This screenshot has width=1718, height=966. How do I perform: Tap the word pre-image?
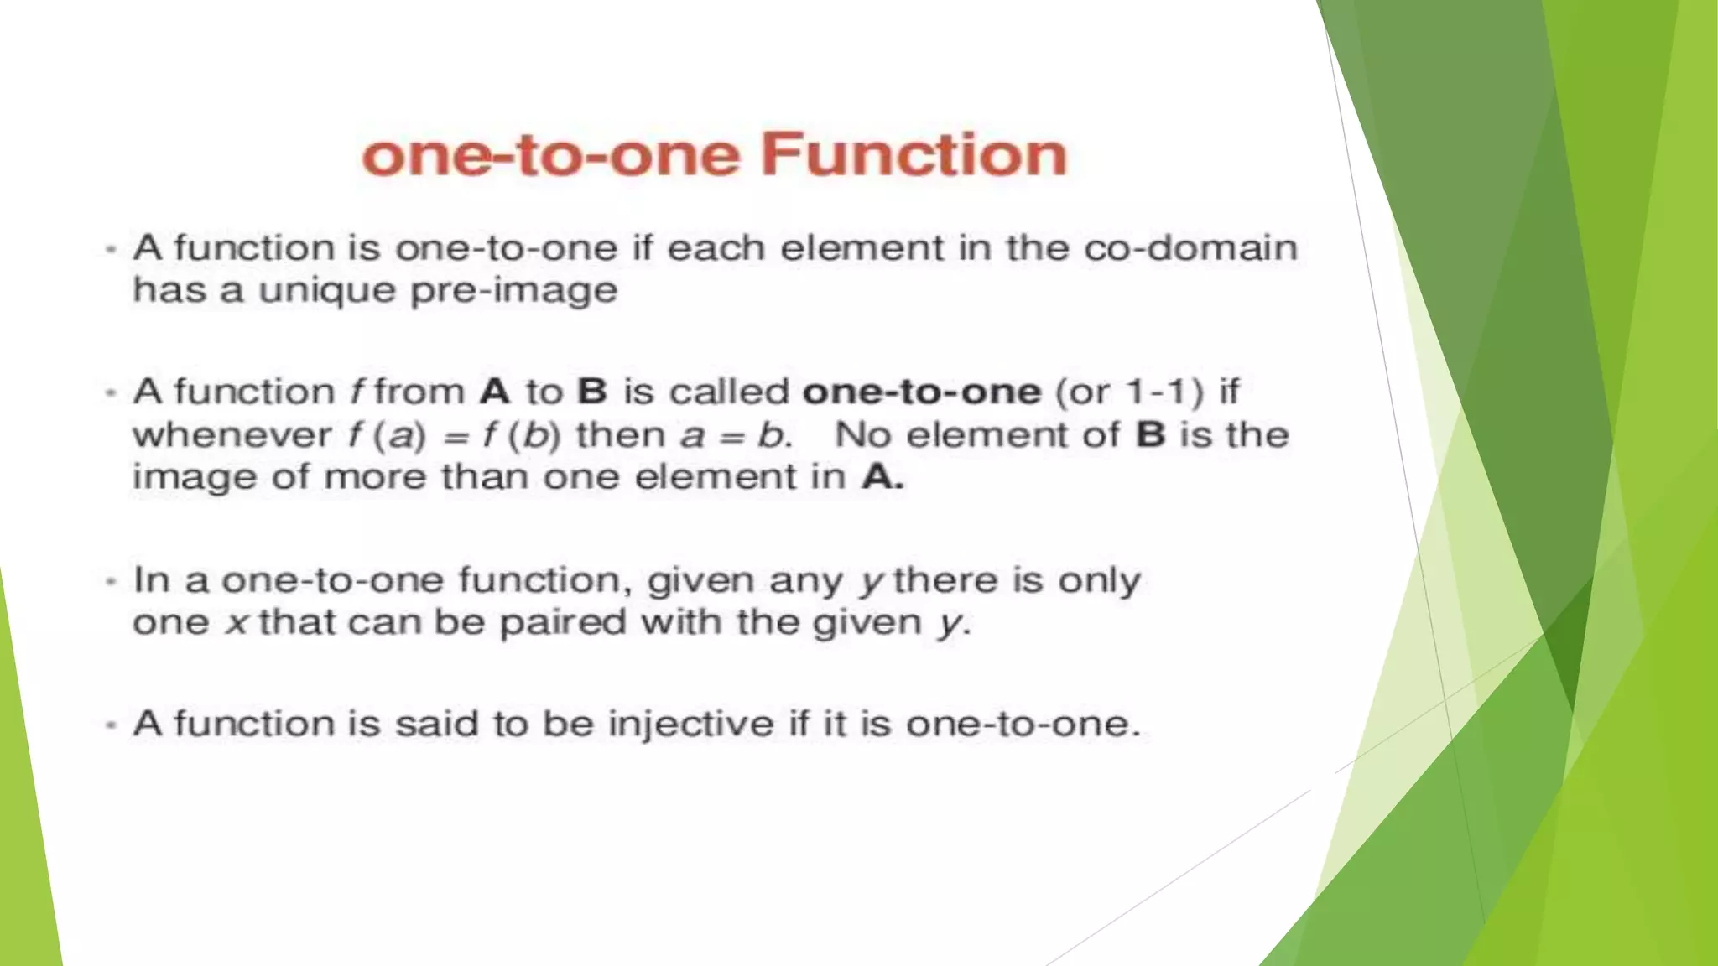[x=513, y=291]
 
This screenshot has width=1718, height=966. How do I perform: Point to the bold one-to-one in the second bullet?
[x=922, y=392]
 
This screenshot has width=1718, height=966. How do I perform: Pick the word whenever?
[x=232, y=434]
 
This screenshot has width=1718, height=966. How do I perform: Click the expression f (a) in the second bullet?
[x=387, y=435]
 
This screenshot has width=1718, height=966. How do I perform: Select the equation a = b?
[x=736, y=435]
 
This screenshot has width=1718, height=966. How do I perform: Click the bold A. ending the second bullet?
[x=883, y=477]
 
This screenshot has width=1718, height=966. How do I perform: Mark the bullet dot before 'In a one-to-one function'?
[x=110, y=580]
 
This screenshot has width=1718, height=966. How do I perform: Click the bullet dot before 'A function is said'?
[x=110, y=724]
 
